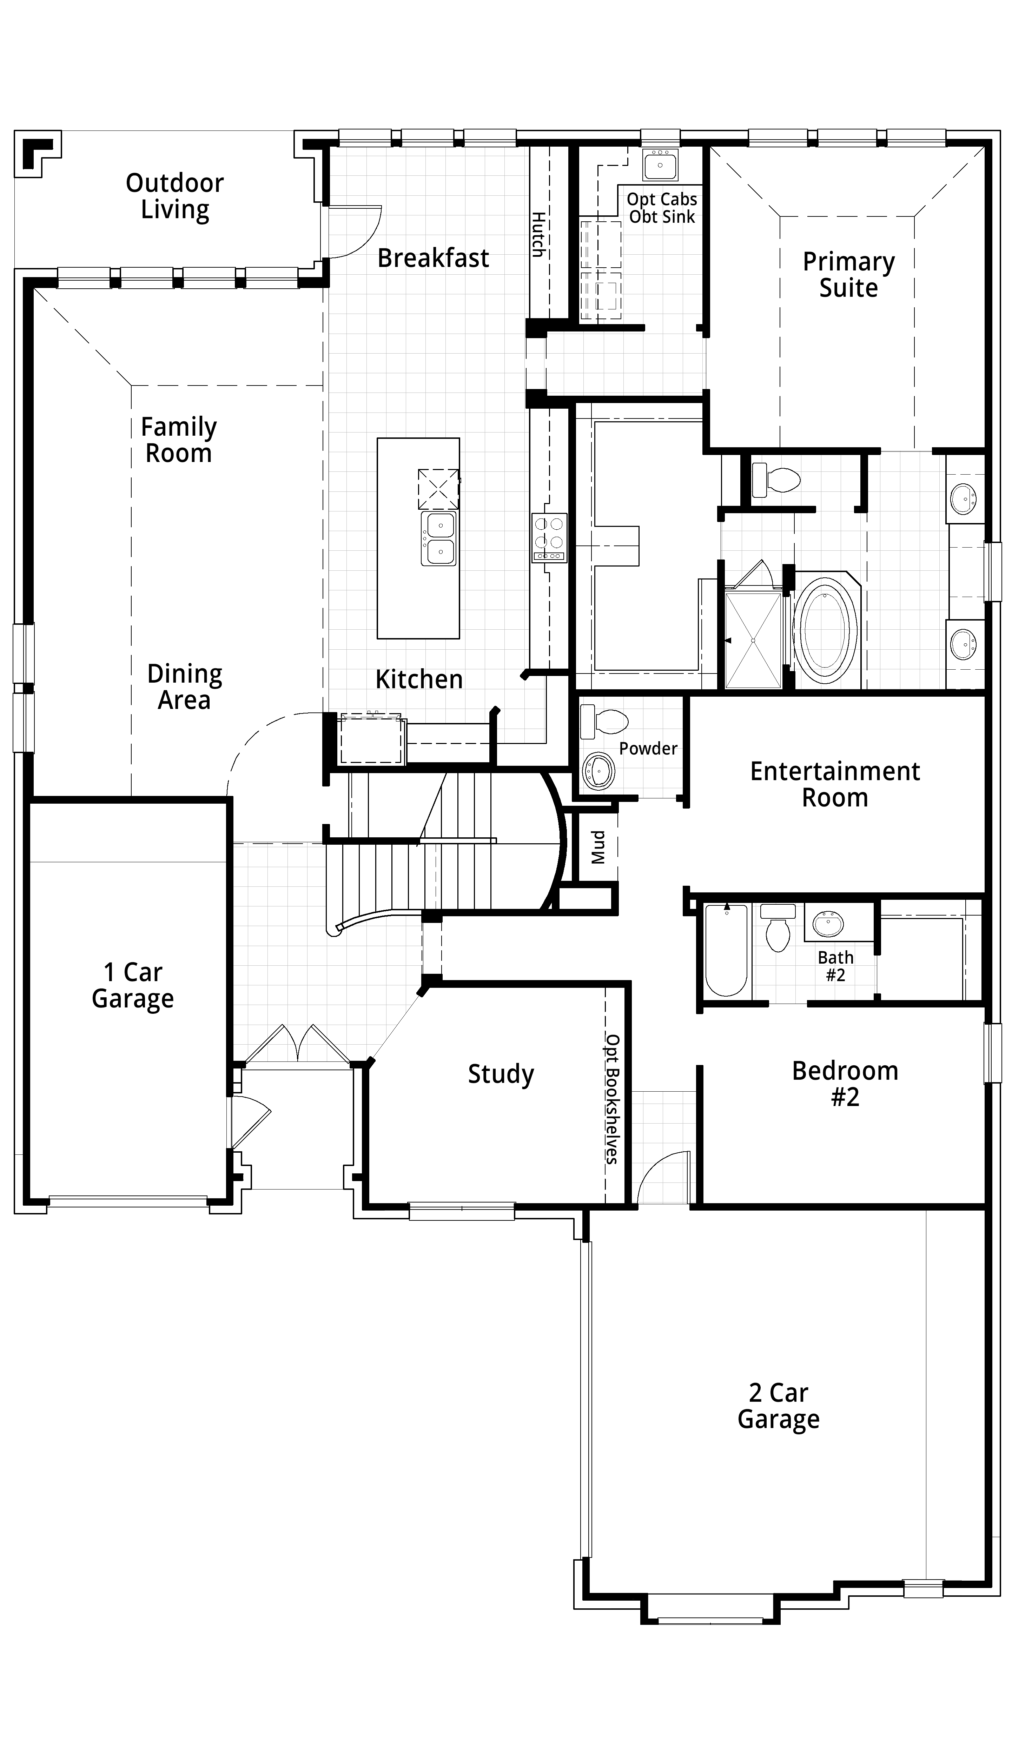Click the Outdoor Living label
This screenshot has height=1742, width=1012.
(x=175, y=196)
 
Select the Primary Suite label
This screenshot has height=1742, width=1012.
(x=849, y=274)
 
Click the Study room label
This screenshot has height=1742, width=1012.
(x=501, y=1073)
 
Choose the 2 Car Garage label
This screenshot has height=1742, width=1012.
(x=778, y=1405)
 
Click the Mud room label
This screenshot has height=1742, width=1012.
(x=598, y=847)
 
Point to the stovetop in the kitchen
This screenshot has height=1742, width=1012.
(x=549, y=537)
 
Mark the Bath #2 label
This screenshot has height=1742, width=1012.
(x=835, y=966)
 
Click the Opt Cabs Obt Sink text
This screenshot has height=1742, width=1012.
(x=662, y=208)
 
